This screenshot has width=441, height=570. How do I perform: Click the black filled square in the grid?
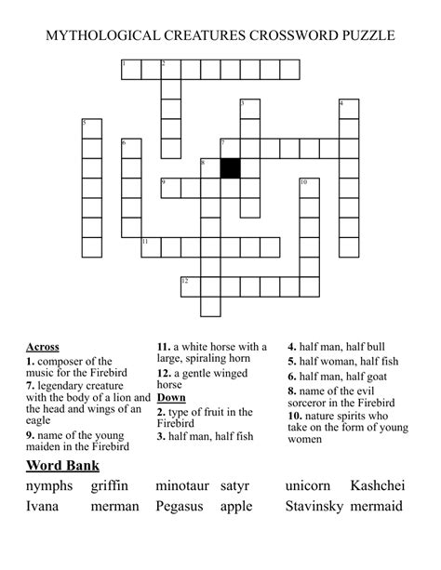coord(230,168)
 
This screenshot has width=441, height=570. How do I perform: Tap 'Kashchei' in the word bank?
coord(378,486)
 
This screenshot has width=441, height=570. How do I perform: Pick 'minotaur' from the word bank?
coord(182,486)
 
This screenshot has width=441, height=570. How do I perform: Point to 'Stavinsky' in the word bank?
coord(316,507)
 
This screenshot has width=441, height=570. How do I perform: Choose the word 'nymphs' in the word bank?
coord(49,486)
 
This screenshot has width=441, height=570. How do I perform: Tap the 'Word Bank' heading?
coord(62,465)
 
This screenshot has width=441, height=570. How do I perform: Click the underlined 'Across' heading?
coord(43,347)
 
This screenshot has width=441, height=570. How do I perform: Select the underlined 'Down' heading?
coord(171,398)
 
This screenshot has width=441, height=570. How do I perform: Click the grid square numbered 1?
coord(131,69)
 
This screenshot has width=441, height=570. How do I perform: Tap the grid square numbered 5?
coord(91,128)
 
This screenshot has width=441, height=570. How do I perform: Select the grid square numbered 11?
coord(151,246)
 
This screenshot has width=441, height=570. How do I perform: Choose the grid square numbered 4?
coord(348,109)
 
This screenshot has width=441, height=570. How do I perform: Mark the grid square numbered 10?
coord(309,188)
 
